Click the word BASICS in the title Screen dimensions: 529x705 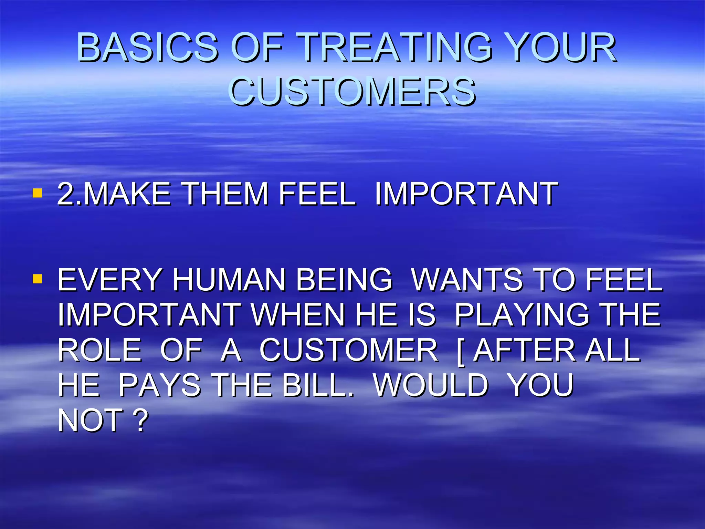pyautogui.click(x=147, y=47)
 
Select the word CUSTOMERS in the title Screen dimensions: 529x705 pyautogui.click(x=352, y=91)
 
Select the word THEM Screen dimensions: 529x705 pyautogui.click(x=225, y=194)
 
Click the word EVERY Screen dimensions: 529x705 pyautogui.click(x=109, y=280)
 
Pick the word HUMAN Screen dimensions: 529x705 pyautogui.click(x=229, y=280)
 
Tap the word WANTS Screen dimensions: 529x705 pyautogui.click(x=467, y=280)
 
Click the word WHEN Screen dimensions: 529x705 pyautogui.click(x=298, y=315)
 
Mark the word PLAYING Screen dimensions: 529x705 pyautogui.click(x=522, y=315)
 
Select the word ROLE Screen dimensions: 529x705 pyautogui.click(x=99, y=350)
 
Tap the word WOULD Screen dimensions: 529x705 pyautogui.click(x=431, y=385)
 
